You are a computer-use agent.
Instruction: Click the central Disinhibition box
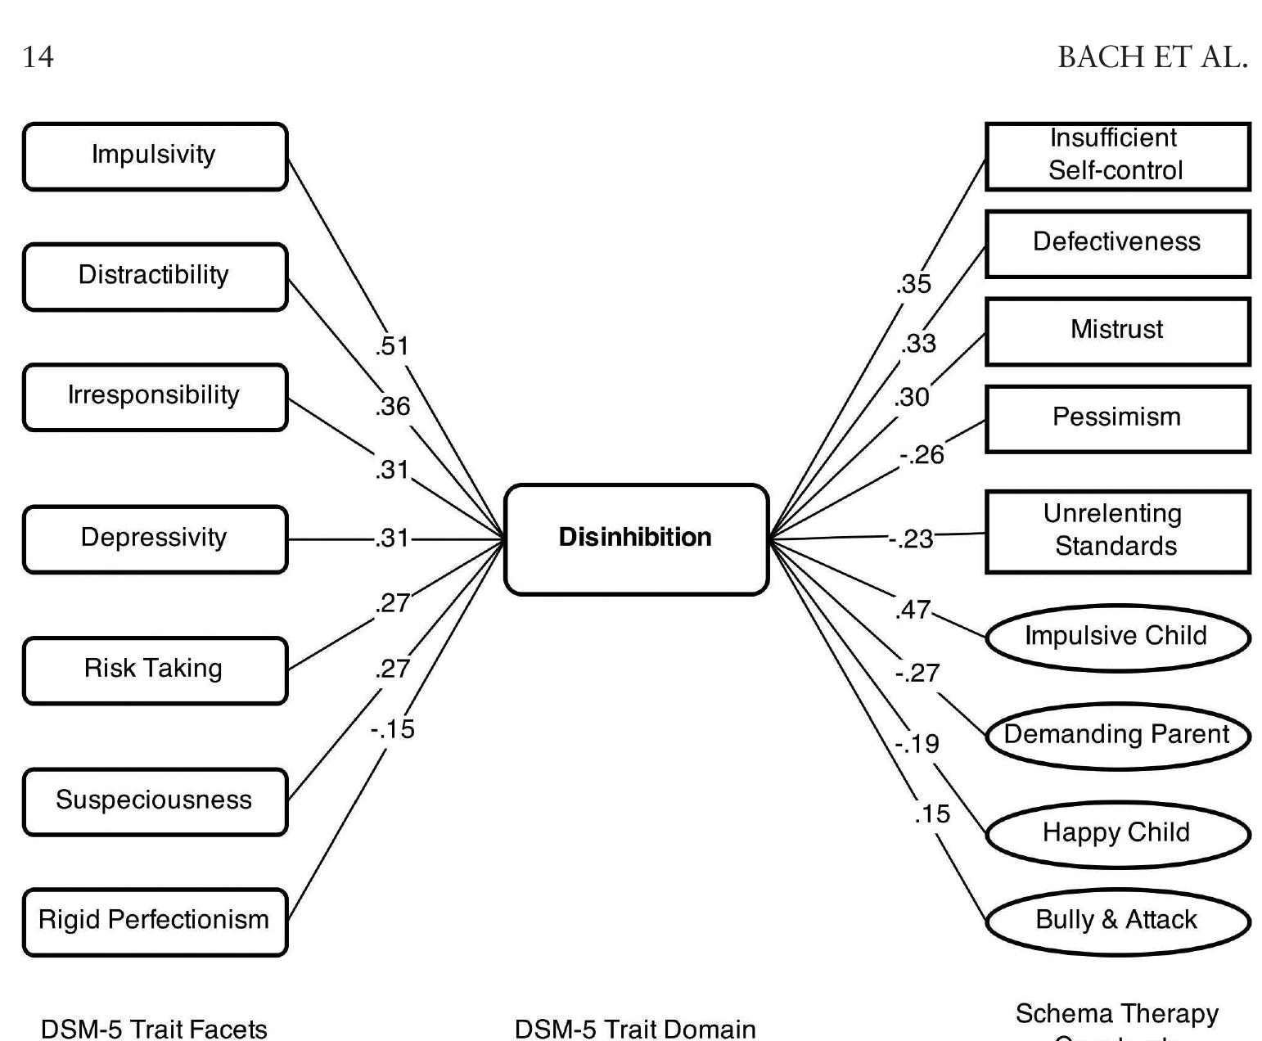636,539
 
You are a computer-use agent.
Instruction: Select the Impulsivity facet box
155,155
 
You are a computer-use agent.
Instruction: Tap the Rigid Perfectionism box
155,921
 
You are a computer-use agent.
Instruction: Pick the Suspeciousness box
155,800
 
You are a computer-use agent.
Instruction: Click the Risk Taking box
155,669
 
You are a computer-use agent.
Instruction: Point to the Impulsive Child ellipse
1116,637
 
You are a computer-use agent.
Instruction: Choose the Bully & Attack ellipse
1116,921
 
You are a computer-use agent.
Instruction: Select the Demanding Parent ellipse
1116,735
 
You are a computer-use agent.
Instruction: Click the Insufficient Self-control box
1116,155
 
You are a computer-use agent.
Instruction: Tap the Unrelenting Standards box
1116,530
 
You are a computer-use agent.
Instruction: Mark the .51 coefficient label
392,346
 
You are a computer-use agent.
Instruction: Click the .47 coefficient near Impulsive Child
913,610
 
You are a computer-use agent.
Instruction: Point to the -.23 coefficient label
912,539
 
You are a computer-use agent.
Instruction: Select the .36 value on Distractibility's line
393,406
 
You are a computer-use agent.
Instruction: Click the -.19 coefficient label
917,744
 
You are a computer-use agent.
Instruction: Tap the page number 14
38,57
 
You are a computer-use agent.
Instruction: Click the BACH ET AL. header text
1152,57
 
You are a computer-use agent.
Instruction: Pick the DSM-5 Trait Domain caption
635,1029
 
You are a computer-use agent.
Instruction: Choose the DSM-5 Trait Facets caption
154,1029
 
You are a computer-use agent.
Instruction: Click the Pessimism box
1116,418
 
